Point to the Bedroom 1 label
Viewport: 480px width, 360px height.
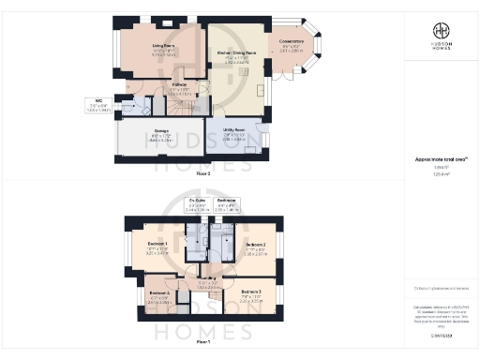pos(146,247)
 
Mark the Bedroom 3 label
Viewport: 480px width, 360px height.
pos(251,293)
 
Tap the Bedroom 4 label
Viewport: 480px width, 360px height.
pos(158,293)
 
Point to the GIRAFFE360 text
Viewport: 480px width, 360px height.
pos(441,333)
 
